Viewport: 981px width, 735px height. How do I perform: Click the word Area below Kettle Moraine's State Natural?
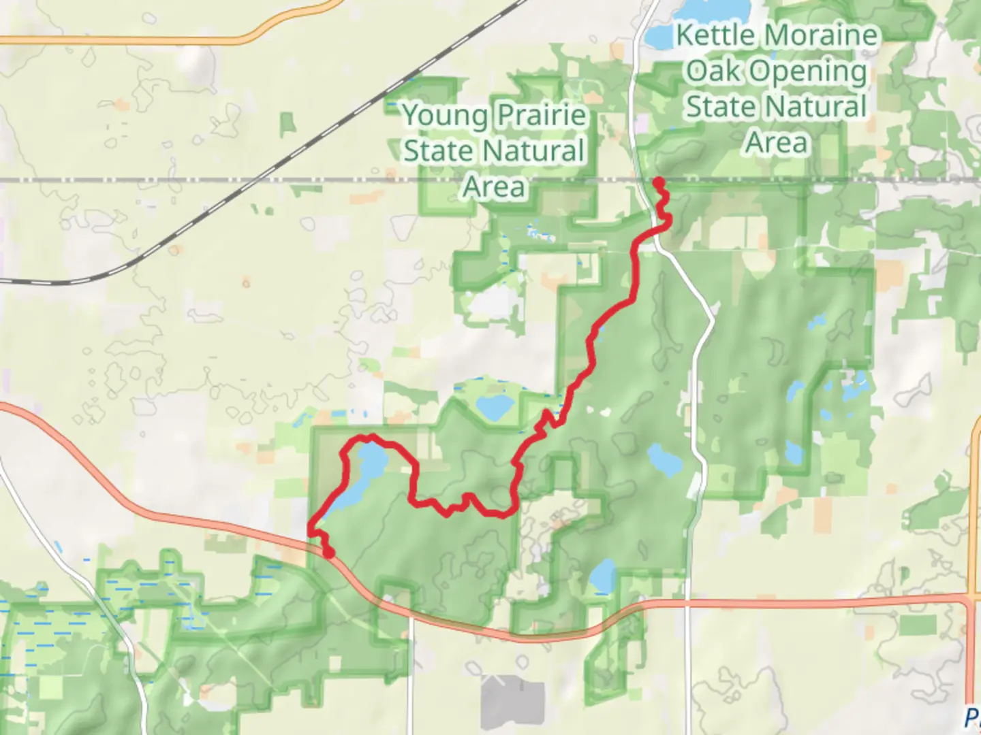777,143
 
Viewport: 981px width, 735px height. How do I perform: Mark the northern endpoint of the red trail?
659,182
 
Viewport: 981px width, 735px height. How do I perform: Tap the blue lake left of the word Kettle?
659,36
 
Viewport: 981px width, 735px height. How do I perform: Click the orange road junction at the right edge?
971,599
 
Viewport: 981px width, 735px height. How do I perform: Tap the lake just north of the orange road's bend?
602,576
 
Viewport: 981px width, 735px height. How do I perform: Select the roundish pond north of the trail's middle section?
494,407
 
